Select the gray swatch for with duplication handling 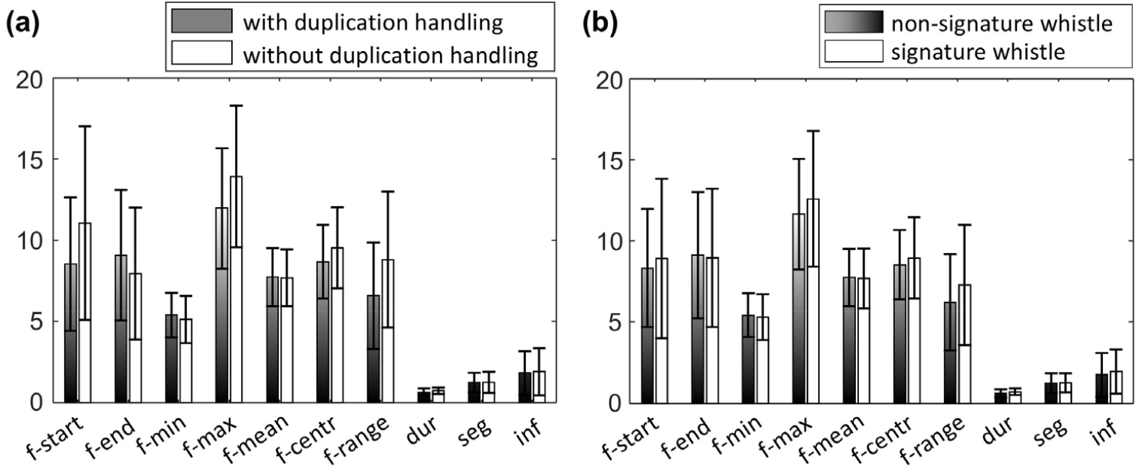pyautogui.click(x=200, y=22)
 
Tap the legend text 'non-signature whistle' pyautogui.click(x=1001, y=24)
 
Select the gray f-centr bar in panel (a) pyautogui.click(x=322, y=331)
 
